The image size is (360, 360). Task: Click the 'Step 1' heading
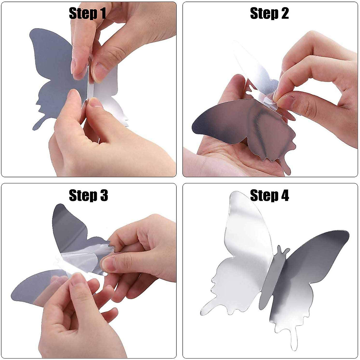pos(87,13)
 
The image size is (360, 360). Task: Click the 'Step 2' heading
pos(269,13)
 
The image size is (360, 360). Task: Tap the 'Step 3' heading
pos(88,195)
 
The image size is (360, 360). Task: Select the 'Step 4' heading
pos(269,195)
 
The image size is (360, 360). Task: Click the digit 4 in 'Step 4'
pos(283,195)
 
